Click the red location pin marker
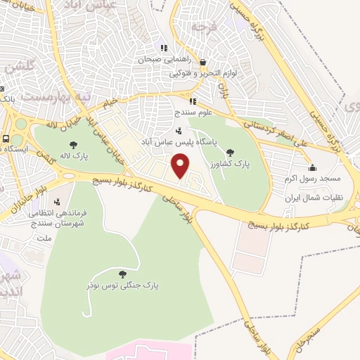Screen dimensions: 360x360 (181, 167)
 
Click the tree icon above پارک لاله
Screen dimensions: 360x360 (74, 145)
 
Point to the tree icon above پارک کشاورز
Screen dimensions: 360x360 (231, 152)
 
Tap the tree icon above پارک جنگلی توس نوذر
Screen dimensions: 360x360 (122, 274)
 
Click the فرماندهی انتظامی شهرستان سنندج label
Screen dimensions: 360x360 (52, 218)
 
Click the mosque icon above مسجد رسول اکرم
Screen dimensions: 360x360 (313, 167)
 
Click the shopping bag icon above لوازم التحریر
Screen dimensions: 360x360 (202, 62)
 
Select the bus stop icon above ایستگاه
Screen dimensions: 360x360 (6, 139)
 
